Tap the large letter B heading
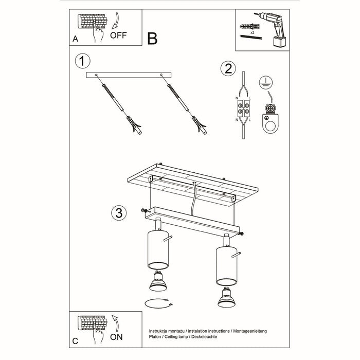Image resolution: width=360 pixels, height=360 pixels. (x=153, y=38)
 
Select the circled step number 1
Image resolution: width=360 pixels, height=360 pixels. (x=83, y=61)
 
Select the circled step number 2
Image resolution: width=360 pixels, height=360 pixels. (x=227, y=68)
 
